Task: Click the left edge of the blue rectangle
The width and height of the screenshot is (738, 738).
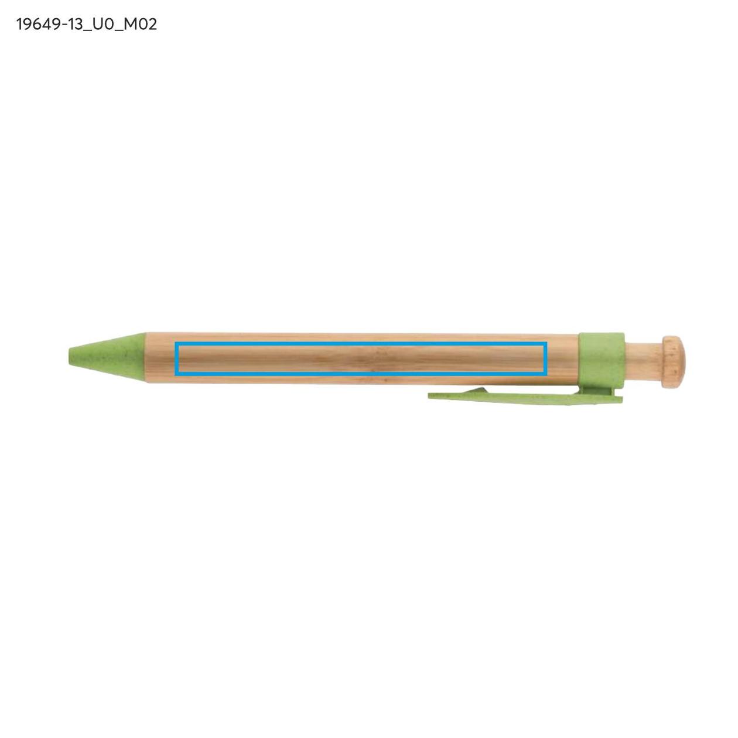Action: pos(176,358)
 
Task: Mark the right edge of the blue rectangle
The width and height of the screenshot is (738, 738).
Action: pos(546,358)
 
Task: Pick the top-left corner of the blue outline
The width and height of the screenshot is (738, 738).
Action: pos(175,343)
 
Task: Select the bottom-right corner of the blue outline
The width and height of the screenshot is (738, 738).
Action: pos(546,373)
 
